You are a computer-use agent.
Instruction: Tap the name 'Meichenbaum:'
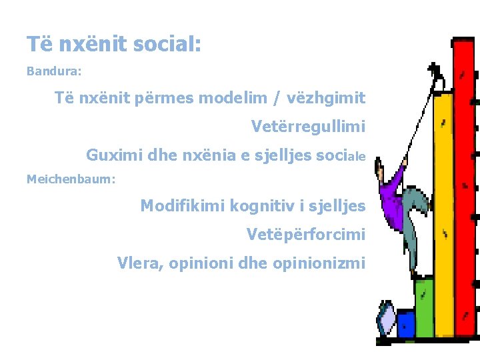point(71,179)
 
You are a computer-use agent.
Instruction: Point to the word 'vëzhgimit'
point(327,98)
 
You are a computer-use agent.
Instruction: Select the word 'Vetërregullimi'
point(308,126)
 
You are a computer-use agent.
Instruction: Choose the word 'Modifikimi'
point(182,206)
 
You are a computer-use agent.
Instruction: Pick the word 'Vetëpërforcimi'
point(305,235)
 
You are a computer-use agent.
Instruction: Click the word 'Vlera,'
point(140,263)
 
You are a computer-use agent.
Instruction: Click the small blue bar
point(405,324)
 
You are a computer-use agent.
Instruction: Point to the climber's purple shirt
point(391,197)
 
